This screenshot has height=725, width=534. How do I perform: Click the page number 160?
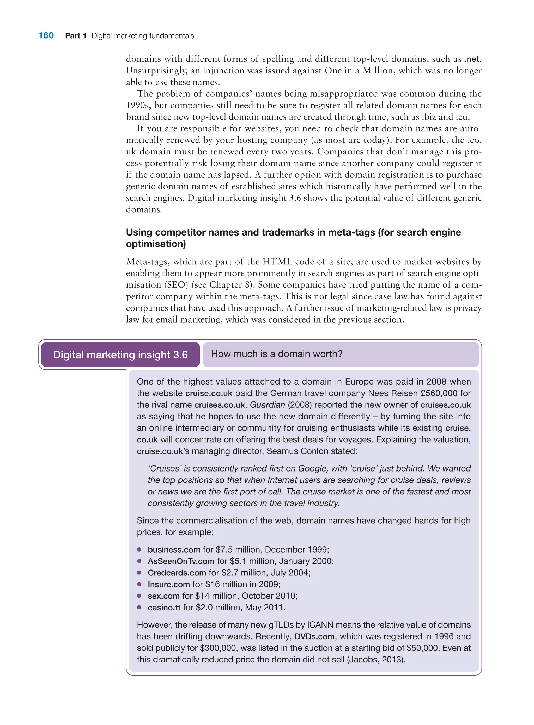coord(46,35)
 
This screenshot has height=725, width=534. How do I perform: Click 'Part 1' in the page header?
coord(76,36)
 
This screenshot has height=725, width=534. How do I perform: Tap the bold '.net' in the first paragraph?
coord(472,59)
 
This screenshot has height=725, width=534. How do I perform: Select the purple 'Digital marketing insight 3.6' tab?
coord(120,355)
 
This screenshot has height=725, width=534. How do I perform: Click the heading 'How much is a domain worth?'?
coord(276,354)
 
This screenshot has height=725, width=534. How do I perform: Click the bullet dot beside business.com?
coord(139,549)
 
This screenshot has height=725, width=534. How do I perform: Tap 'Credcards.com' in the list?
coord(177,573)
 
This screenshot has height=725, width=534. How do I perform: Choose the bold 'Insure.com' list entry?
coord(168,584)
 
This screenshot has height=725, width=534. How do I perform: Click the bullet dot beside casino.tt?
coord(139,607)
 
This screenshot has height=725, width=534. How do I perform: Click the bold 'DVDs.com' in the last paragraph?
coord(314,636)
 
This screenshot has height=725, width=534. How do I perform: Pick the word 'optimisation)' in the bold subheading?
coord(156,244)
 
